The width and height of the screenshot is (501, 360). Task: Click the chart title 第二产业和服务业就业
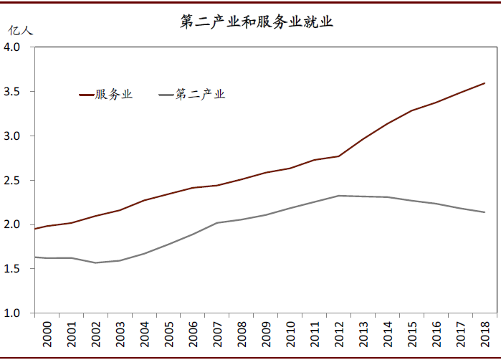(256, 22)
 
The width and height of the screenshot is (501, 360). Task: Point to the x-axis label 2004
(144, 335)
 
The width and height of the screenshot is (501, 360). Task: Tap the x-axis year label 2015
(412, 335)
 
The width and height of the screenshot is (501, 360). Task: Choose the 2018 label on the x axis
(485, 335)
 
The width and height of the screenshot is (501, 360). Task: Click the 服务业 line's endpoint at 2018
(485, 83)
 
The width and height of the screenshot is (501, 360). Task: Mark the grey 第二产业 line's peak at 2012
(339, 196)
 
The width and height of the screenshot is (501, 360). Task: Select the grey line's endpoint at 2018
(485, 212)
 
